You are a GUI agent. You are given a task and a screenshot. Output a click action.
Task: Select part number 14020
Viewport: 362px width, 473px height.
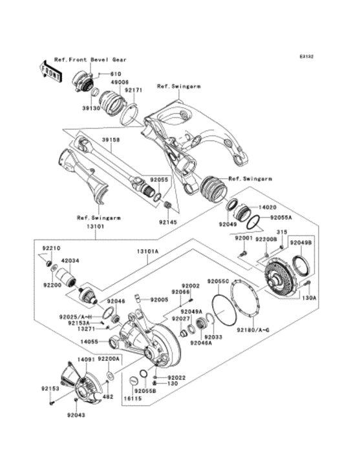[x=268, y=208]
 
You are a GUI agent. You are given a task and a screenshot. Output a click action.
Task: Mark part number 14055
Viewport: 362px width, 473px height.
[x=89, y=342]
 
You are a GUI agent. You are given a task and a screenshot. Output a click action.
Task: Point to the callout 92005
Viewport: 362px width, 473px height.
[x=159, y=299]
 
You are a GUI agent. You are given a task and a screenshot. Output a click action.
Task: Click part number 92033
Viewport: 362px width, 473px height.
[x=213, y=336]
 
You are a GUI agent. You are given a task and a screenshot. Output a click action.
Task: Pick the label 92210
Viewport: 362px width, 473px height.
[x=51, y=248]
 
